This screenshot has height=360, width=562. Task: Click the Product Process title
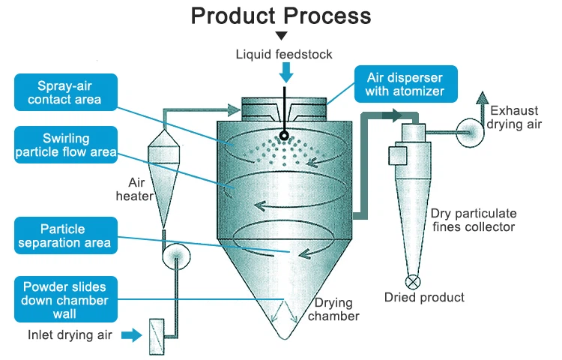point(281,16)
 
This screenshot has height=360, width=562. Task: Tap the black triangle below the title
point(281,36)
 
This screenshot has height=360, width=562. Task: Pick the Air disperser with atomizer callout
point(405,84)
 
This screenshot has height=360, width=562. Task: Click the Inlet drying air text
point(70,335)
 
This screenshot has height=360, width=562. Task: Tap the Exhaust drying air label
point(513,117)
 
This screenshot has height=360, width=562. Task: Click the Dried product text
point(425,298)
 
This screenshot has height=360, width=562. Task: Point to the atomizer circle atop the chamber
point(284,136)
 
